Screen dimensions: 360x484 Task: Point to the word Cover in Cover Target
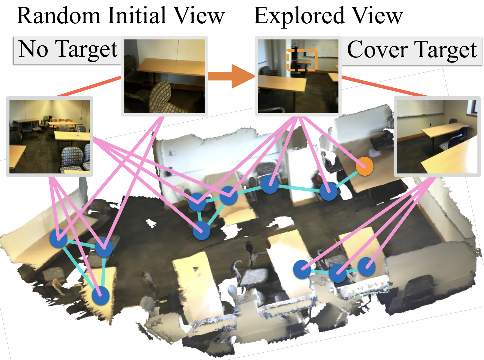click(x=376, y=50)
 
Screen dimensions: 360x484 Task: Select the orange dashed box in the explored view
click(x=302, y=60)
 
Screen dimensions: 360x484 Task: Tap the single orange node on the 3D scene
click(x=365, y=167)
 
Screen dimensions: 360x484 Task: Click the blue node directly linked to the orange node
click(x=328, y=191)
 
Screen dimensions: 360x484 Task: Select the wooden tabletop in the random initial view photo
click(x=172, y=67)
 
